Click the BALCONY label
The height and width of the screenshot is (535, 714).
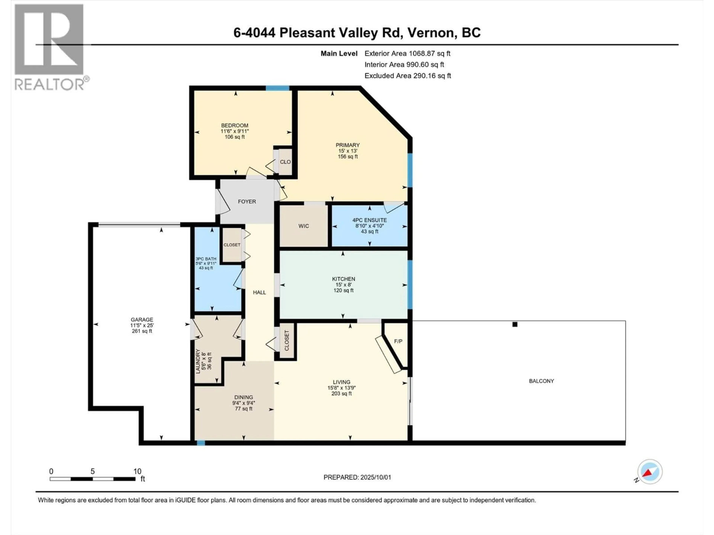pyautogui.click(x=541, y=381)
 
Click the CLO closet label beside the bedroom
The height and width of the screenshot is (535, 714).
pyautogui.click(x=285, y=162)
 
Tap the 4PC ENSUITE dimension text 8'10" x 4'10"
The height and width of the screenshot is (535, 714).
pyautogui.click(x=370, y=226)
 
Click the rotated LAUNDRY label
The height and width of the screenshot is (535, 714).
pyautogui.click(x=198, y=361)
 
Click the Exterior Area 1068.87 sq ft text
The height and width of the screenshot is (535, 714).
pyautogui.click(x=407, y=53)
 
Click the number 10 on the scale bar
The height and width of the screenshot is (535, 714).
pyautogui.click(x=137, y=471)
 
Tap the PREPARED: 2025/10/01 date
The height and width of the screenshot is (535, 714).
pyautogui.click(x=357, y=477)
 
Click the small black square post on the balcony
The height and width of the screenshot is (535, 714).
pyautogui.click(x=515, y=324)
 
